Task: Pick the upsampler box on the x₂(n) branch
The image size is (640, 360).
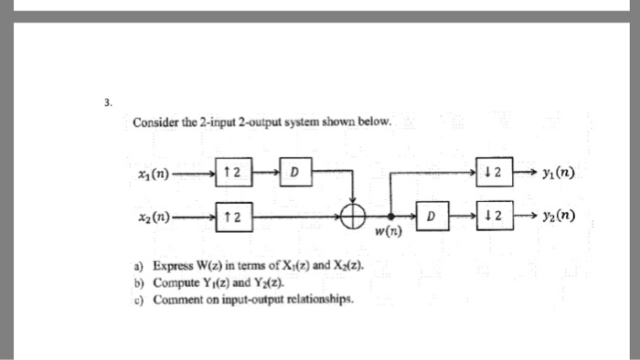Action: [x=232, y=217]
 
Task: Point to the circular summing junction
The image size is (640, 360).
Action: [x=353, y=217]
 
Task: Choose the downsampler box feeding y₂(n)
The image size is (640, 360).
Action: [x=493, y=217]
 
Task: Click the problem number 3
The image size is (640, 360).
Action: [x=109, y=102]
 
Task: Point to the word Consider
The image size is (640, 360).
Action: [x=157, y=122]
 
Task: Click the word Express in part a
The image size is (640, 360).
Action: [x=170, y=266]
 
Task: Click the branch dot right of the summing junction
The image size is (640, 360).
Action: [x=390, y=217]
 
